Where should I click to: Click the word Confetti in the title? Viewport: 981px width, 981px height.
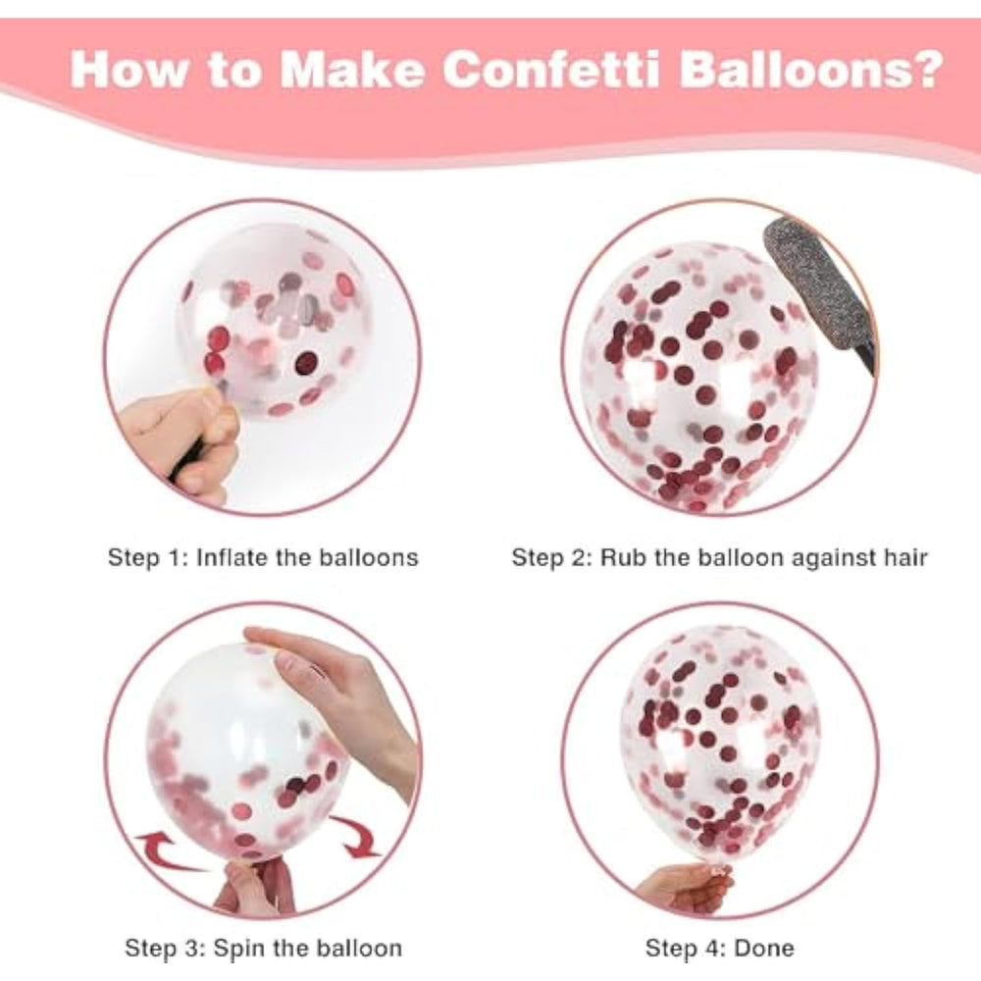(551, 69)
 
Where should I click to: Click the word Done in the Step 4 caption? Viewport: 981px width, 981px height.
(764, 948)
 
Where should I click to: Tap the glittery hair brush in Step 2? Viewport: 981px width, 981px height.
(818, 294)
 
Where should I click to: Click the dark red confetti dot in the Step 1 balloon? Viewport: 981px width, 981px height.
(306, 362)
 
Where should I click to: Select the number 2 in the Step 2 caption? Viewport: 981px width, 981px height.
(579, 557)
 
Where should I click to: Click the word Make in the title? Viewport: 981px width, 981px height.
(351, 69)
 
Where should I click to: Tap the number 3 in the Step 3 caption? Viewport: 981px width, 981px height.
(192, 948)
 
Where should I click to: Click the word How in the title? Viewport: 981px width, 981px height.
(129, 69)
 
